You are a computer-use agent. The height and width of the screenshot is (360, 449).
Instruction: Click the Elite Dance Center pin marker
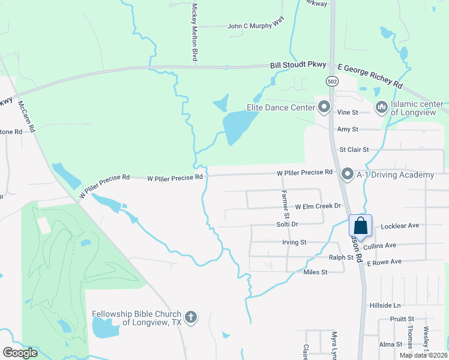(325, 107)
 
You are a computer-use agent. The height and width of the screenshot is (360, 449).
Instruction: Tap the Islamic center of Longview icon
(381, 107)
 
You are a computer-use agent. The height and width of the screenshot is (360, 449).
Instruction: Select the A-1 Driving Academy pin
(347, 175)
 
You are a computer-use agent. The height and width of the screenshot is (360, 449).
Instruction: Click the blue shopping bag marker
(361, 226)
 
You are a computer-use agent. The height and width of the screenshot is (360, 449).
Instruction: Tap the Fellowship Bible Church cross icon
(191, 317)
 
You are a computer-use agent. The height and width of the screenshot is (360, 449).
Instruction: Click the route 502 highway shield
(331, 80)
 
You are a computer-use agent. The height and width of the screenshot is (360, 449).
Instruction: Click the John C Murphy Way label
(255, 26)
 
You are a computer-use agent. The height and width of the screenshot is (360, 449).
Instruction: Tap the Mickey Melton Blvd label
(194, 32)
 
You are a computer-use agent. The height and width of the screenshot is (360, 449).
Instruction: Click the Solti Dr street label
(286, 224)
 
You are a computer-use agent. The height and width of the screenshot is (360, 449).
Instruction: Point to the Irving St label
(294, 242)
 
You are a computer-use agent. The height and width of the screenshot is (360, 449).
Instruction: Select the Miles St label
(315, 272)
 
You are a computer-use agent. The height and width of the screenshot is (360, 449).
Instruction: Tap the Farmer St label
(286, 204)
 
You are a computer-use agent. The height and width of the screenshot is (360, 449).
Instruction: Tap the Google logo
(20, 353)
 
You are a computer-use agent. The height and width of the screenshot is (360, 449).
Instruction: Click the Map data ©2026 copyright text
(423, 355)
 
